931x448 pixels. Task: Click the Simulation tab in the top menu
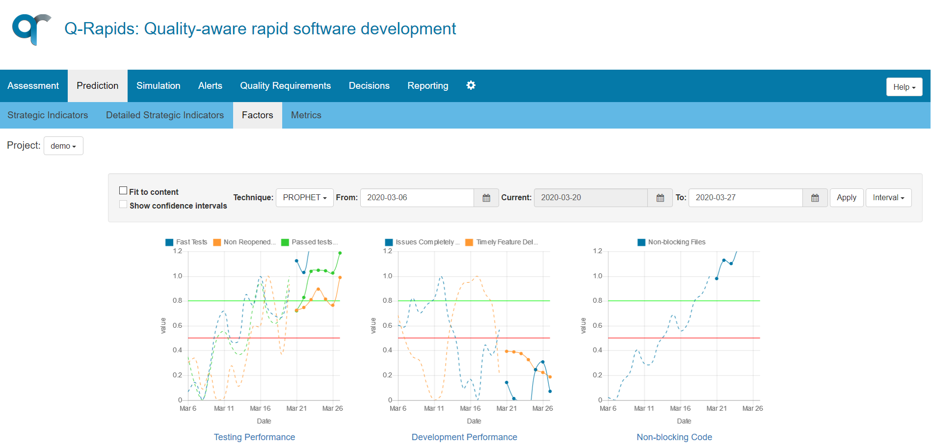point(158,86)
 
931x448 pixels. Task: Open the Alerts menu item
point(210,86)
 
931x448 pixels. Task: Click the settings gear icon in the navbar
point(471,85)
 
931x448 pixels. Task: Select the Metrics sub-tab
point(306,115)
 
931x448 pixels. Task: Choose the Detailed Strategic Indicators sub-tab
point(165,115)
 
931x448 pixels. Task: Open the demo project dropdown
point(63,146)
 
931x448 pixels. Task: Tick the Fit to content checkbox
point(123,190)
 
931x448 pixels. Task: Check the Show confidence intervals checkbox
point(123,205)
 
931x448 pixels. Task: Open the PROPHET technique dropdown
point(304,197)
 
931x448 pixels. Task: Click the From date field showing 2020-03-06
point(417,197)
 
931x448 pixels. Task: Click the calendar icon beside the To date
point(815,198)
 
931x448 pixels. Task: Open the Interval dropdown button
point(888,197)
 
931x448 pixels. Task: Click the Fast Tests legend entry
point(186,242)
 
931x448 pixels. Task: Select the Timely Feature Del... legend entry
point(502,242)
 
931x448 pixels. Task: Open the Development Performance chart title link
point(464,437)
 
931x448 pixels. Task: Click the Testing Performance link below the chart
point(254,437)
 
